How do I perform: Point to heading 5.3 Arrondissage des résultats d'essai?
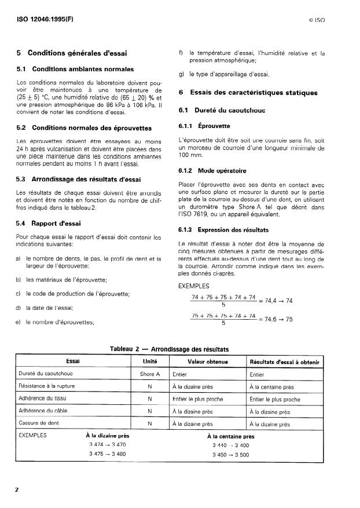click(84, 179)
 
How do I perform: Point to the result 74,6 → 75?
click(277, 319)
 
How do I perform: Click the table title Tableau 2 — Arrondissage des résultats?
click(169, 349)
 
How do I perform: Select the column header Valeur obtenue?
click(207, 361)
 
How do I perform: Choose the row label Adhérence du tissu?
click(45, 399)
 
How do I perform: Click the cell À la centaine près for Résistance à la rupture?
click(272, 387)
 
